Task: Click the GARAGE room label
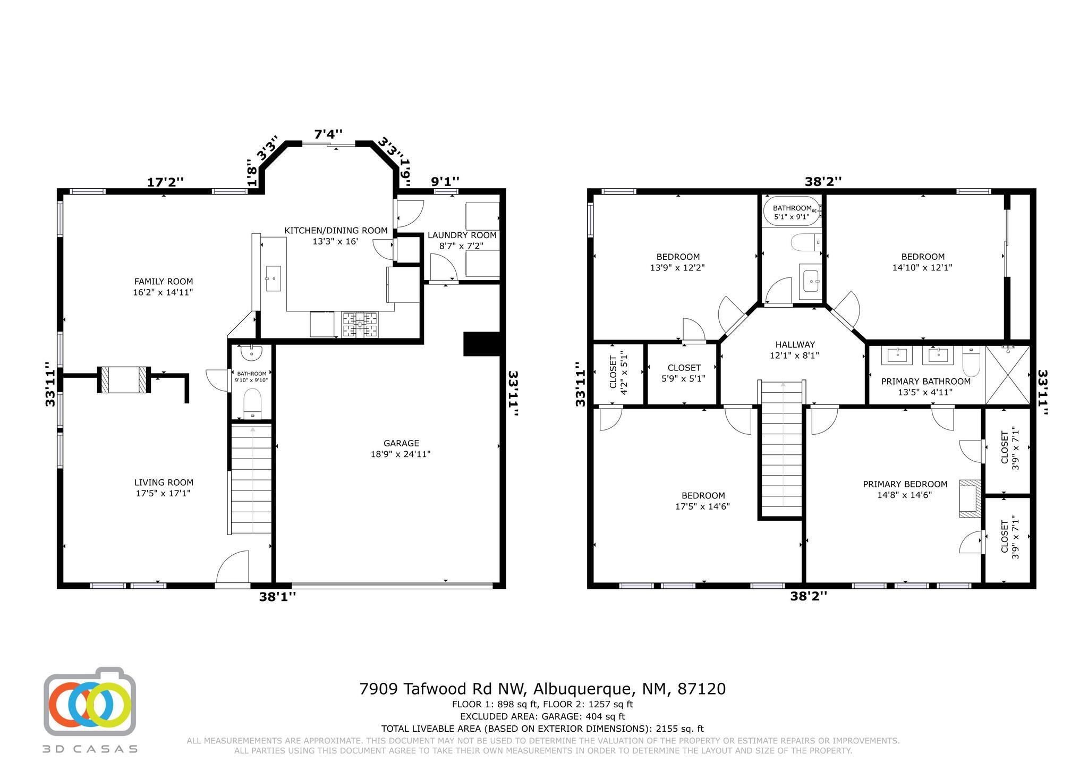click(x=401, y=443)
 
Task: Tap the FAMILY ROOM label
click(x=163, y=282)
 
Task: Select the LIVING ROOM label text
click(x=164, y=483)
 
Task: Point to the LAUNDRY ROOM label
click(x=462, y=235)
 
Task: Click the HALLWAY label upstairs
click(x=795, y=344)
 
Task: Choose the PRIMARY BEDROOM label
click(x=905, y=484)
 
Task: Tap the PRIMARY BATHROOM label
click(x=926, y=382)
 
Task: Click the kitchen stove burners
click(x=360, y=324)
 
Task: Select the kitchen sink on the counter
click(x=273, y=279)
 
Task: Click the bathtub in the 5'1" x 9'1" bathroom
click(x=792, y=211)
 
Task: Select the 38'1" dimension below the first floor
click(x=277, y=597)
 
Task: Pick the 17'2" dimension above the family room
click(x=165, y=182)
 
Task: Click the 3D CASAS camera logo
click(x=90, y=701)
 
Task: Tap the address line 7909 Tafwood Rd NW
click(x=444, y=689)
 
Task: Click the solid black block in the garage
click(x=483, y=344)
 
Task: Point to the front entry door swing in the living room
click(x=233, y=567)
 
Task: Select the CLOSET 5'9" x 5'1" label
click(x=684, y=373)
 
